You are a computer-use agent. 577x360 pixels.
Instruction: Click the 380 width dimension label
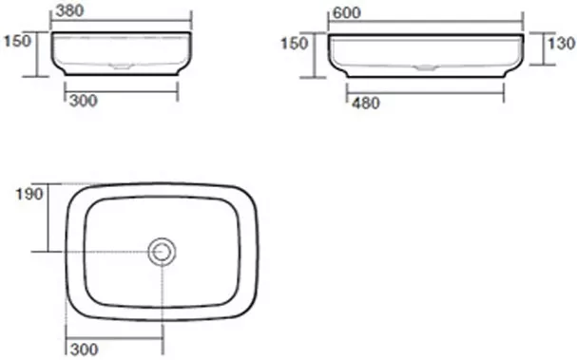[69, 10]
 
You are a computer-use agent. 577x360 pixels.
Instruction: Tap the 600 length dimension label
[346, 13]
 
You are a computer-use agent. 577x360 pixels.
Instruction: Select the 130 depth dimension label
[561, 44]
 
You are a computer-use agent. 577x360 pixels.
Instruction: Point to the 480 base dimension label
[365, 103]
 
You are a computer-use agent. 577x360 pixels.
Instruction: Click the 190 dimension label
[29, 194]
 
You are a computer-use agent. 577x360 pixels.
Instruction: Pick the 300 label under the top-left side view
[83, 101]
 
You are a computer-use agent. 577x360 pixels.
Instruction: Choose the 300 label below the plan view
[85, 350]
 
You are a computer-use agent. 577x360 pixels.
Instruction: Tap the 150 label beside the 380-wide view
[17, 41]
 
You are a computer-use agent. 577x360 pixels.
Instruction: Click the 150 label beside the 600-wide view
[294, 44]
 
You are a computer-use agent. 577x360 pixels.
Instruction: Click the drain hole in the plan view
[162, 252]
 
